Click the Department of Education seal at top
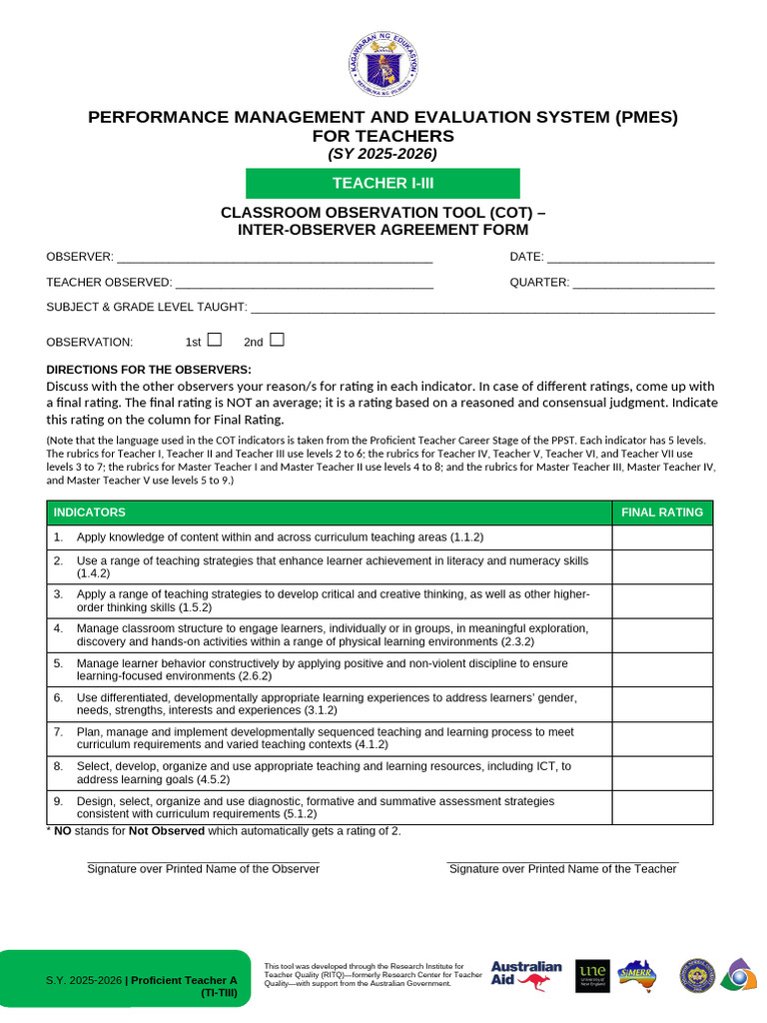[x=383, y=66]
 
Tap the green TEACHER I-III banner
[x=383, y=183]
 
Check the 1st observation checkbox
[x=214, y=340]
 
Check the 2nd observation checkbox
[x=277, y=340]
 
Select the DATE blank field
[x=630, y=258]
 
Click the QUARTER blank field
[x=644, y=283]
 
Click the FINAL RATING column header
[x=662, y=512]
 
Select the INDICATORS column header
[x=90, y=512]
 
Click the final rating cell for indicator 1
[x=662, y=537]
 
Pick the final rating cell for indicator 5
[x=662, y=670]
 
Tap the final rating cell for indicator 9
[x=662, y=807]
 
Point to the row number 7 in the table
[x=58, y=732]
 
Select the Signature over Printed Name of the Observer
[x=203, y=868]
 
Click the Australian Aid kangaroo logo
[x=526, y=975]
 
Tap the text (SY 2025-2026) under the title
[x=383, y=154]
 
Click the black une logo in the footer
[x=592, y=975]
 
